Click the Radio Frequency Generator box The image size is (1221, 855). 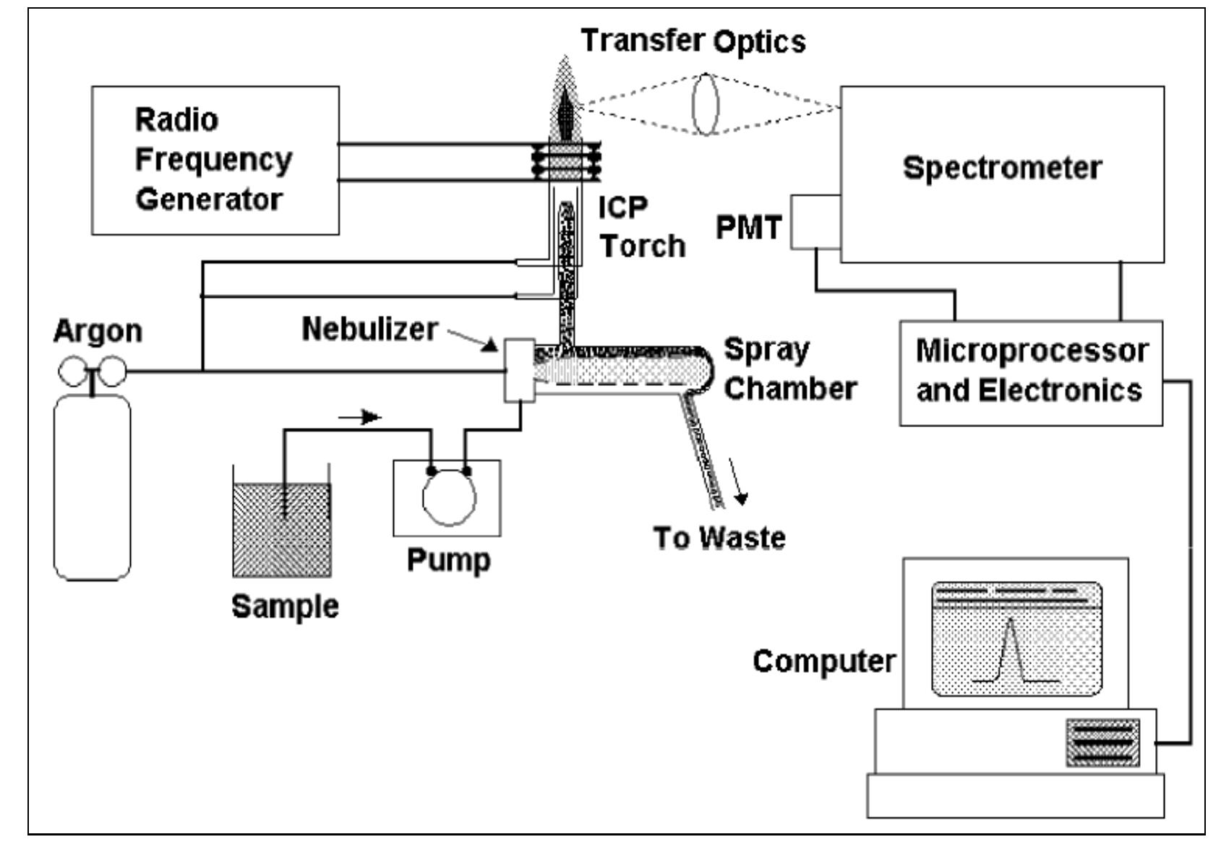pyautogui.click(x=215, y=160)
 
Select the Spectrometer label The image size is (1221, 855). pyautogui.click(x=1001, y=168)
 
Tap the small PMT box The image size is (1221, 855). pyautogui.click(x=815, y=222)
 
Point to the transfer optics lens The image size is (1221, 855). pyautogui.click(x=706, y=104)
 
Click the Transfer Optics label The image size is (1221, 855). pyautogui.click(x=693, y=40)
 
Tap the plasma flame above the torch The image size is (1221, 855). pyautogui.click(x=565, y=101)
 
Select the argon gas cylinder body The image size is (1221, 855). pyautogui.click(x=93, y=488)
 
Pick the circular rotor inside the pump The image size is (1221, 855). pyautogui.click(x=449, y=497)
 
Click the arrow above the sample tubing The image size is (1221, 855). pyautogui.click(x=360, y=417)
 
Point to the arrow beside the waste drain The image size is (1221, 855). pyautogui.click(x=738, y=481)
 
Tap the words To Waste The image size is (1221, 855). pyautogui.click(x=719, y=538)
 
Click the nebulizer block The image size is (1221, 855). pyautogui.click(x=519, y=370)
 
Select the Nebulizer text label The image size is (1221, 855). pyautogui.click(x=369, y=329)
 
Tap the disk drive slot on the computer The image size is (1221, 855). pyautogui.click(x=1102, y=742)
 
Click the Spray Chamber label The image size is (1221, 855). pyautogui.click(x=789, y=369)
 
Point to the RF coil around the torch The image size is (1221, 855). pyautogui.click(x=566, y=162)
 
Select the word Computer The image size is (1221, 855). pyautogui.click(x=823, y=661)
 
